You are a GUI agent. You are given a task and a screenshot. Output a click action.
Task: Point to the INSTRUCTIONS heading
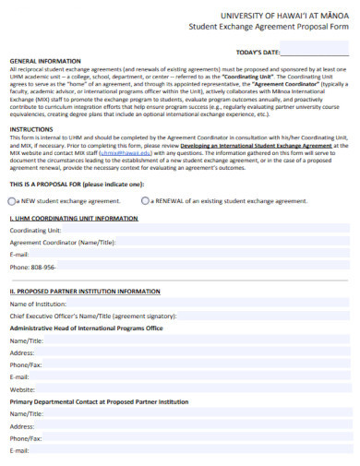pyautogui.click(x=31, y=128)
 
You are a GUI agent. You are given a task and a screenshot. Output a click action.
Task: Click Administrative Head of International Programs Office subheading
pyautogui.click(x=86, y=328)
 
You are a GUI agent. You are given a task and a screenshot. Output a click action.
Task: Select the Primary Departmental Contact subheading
pyautogui.click(x=99, y=401)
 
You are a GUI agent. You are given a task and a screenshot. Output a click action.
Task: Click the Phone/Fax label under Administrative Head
pyautogui.click(x=26, y=364)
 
